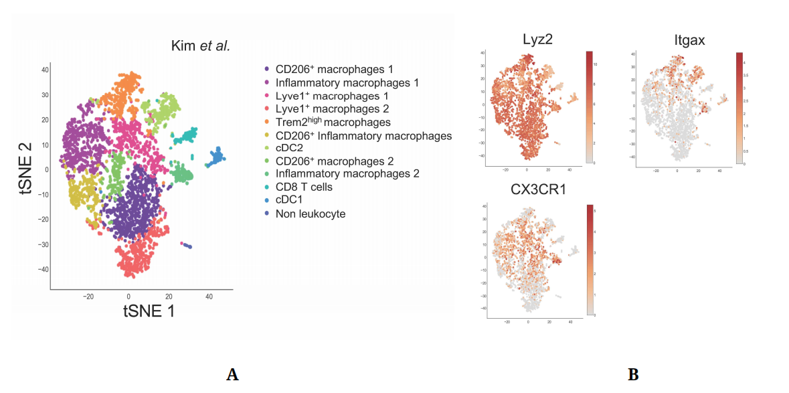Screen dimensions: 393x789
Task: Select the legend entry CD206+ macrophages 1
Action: pos(334,69)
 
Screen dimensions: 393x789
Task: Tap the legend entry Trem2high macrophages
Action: pos(333,122)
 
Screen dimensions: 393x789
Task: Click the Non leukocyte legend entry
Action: pos(311,214)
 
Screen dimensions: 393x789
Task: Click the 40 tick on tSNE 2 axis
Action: pos(45,70)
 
